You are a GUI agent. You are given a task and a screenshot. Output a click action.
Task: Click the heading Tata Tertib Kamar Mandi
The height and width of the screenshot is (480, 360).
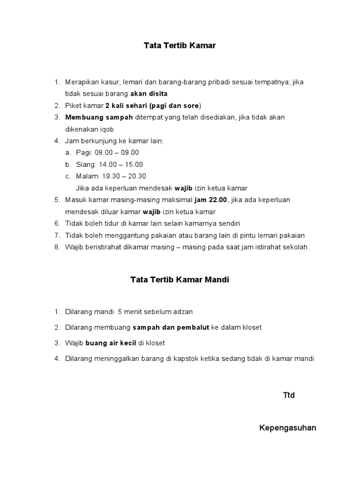point(180,280)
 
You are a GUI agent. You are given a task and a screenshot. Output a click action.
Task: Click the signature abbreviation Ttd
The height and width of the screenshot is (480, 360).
point(289,395)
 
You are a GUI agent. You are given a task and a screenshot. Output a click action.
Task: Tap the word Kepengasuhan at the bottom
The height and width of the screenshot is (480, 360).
point(287,427)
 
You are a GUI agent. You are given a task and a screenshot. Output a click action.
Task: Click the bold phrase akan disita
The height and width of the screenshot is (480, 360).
point(149,94)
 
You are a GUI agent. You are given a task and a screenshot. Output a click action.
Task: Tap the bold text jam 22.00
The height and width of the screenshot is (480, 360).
point(211,200)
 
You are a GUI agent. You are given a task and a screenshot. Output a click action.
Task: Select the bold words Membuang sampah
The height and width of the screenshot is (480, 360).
point(99,117)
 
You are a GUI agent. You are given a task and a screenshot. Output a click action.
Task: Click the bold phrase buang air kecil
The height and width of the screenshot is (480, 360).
point(111,343)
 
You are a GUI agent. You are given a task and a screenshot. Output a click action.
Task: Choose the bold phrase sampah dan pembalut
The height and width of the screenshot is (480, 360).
point(171,327)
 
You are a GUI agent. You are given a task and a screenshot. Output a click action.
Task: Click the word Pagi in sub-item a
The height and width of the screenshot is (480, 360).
point(83,153)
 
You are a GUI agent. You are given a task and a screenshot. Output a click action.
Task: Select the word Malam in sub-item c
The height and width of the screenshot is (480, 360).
point(87,176)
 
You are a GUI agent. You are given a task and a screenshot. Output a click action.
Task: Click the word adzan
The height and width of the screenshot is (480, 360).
point(183,311)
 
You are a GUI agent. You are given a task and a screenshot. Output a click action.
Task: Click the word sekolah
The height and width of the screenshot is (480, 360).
point(295,247)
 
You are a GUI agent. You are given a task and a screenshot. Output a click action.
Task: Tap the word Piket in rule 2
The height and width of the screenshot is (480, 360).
point(74,105)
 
